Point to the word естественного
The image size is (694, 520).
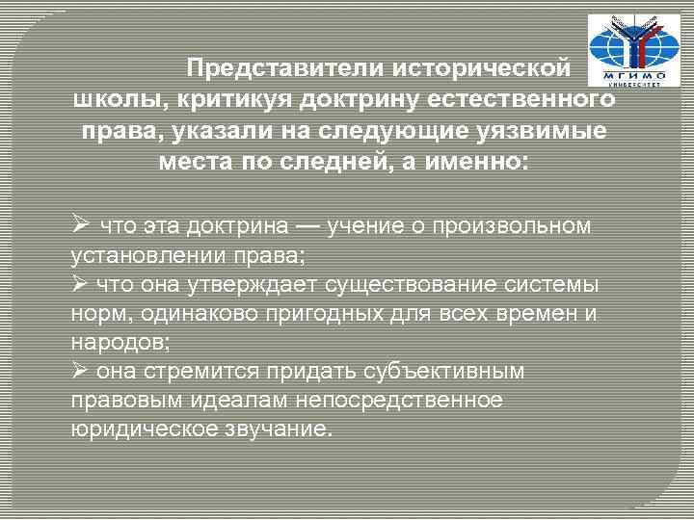click(x=524, y=99)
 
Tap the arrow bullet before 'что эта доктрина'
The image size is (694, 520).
click(x=81, y=224)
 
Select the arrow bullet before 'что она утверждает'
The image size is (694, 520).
click(x=81, y=286)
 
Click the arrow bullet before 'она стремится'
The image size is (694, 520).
click(x=81, y=370)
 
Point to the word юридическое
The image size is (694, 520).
click(x=136, y=429)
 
